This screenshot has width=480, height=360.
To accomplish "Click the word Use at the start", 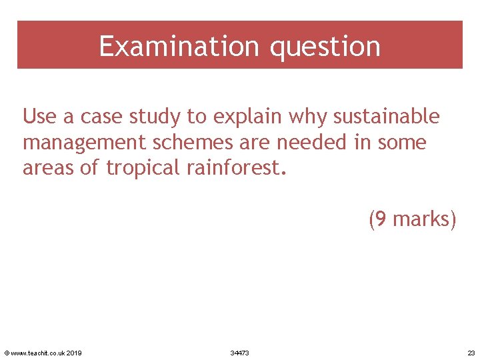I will click(x=40, y=117).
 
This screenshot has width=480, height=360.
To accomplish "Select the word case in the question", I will click(x=102, y=117).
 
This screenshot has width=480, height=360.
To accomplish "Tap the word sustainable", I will click(x=387, y=117).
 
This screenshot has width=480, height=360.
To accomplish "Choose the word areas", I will click(x=49, y=167).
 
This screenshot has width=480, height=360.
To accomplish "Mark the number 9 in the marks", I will click(x=381, y=218).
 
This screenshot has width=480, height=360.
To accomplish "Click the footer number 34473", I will click(x=239, y=353).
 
